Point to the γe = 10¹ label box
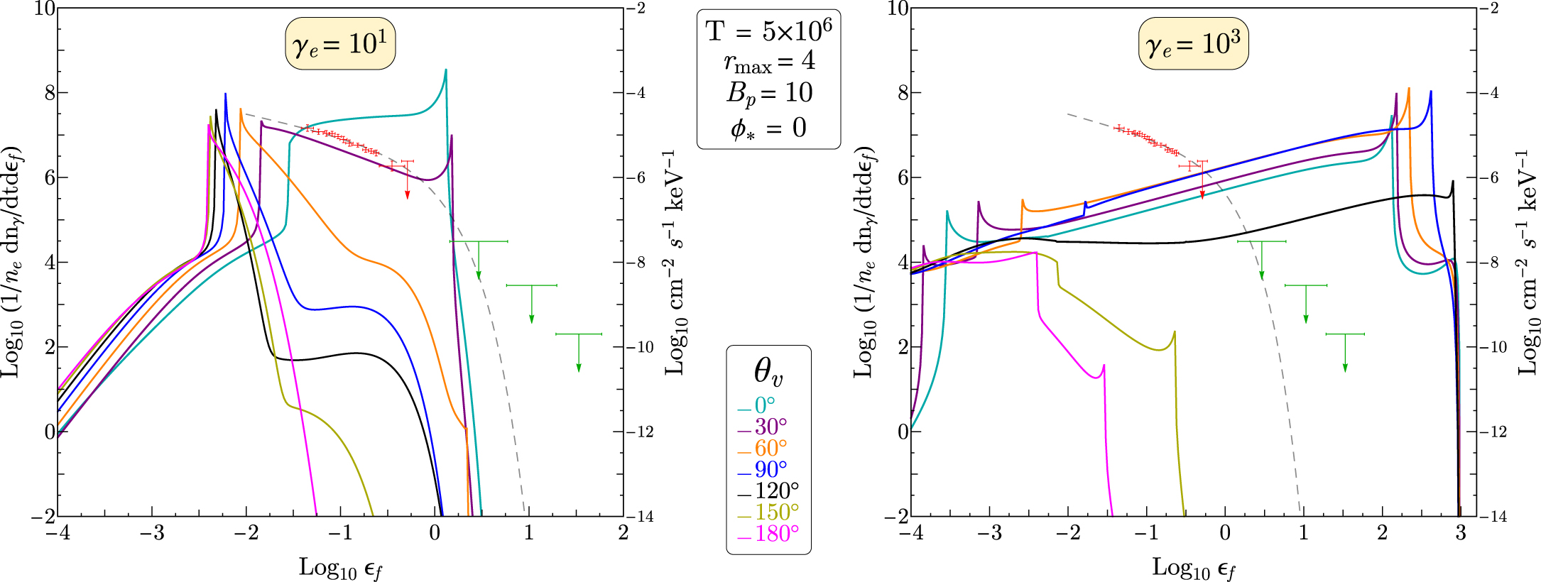[340, 44]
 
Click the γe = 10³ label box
[1194, 44]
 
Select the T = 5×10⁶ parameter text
[769, 31]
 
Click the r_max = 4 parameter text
[769, 62]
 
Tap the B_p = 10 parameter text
[769, 93]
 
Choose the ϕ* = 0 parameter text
[769, 128]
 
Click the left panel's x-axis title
[341, 568]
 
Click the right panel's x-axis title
[1194, 568]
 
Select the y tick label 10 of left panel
[44, 9]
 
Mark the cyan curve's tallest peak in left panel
[445, 70]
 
